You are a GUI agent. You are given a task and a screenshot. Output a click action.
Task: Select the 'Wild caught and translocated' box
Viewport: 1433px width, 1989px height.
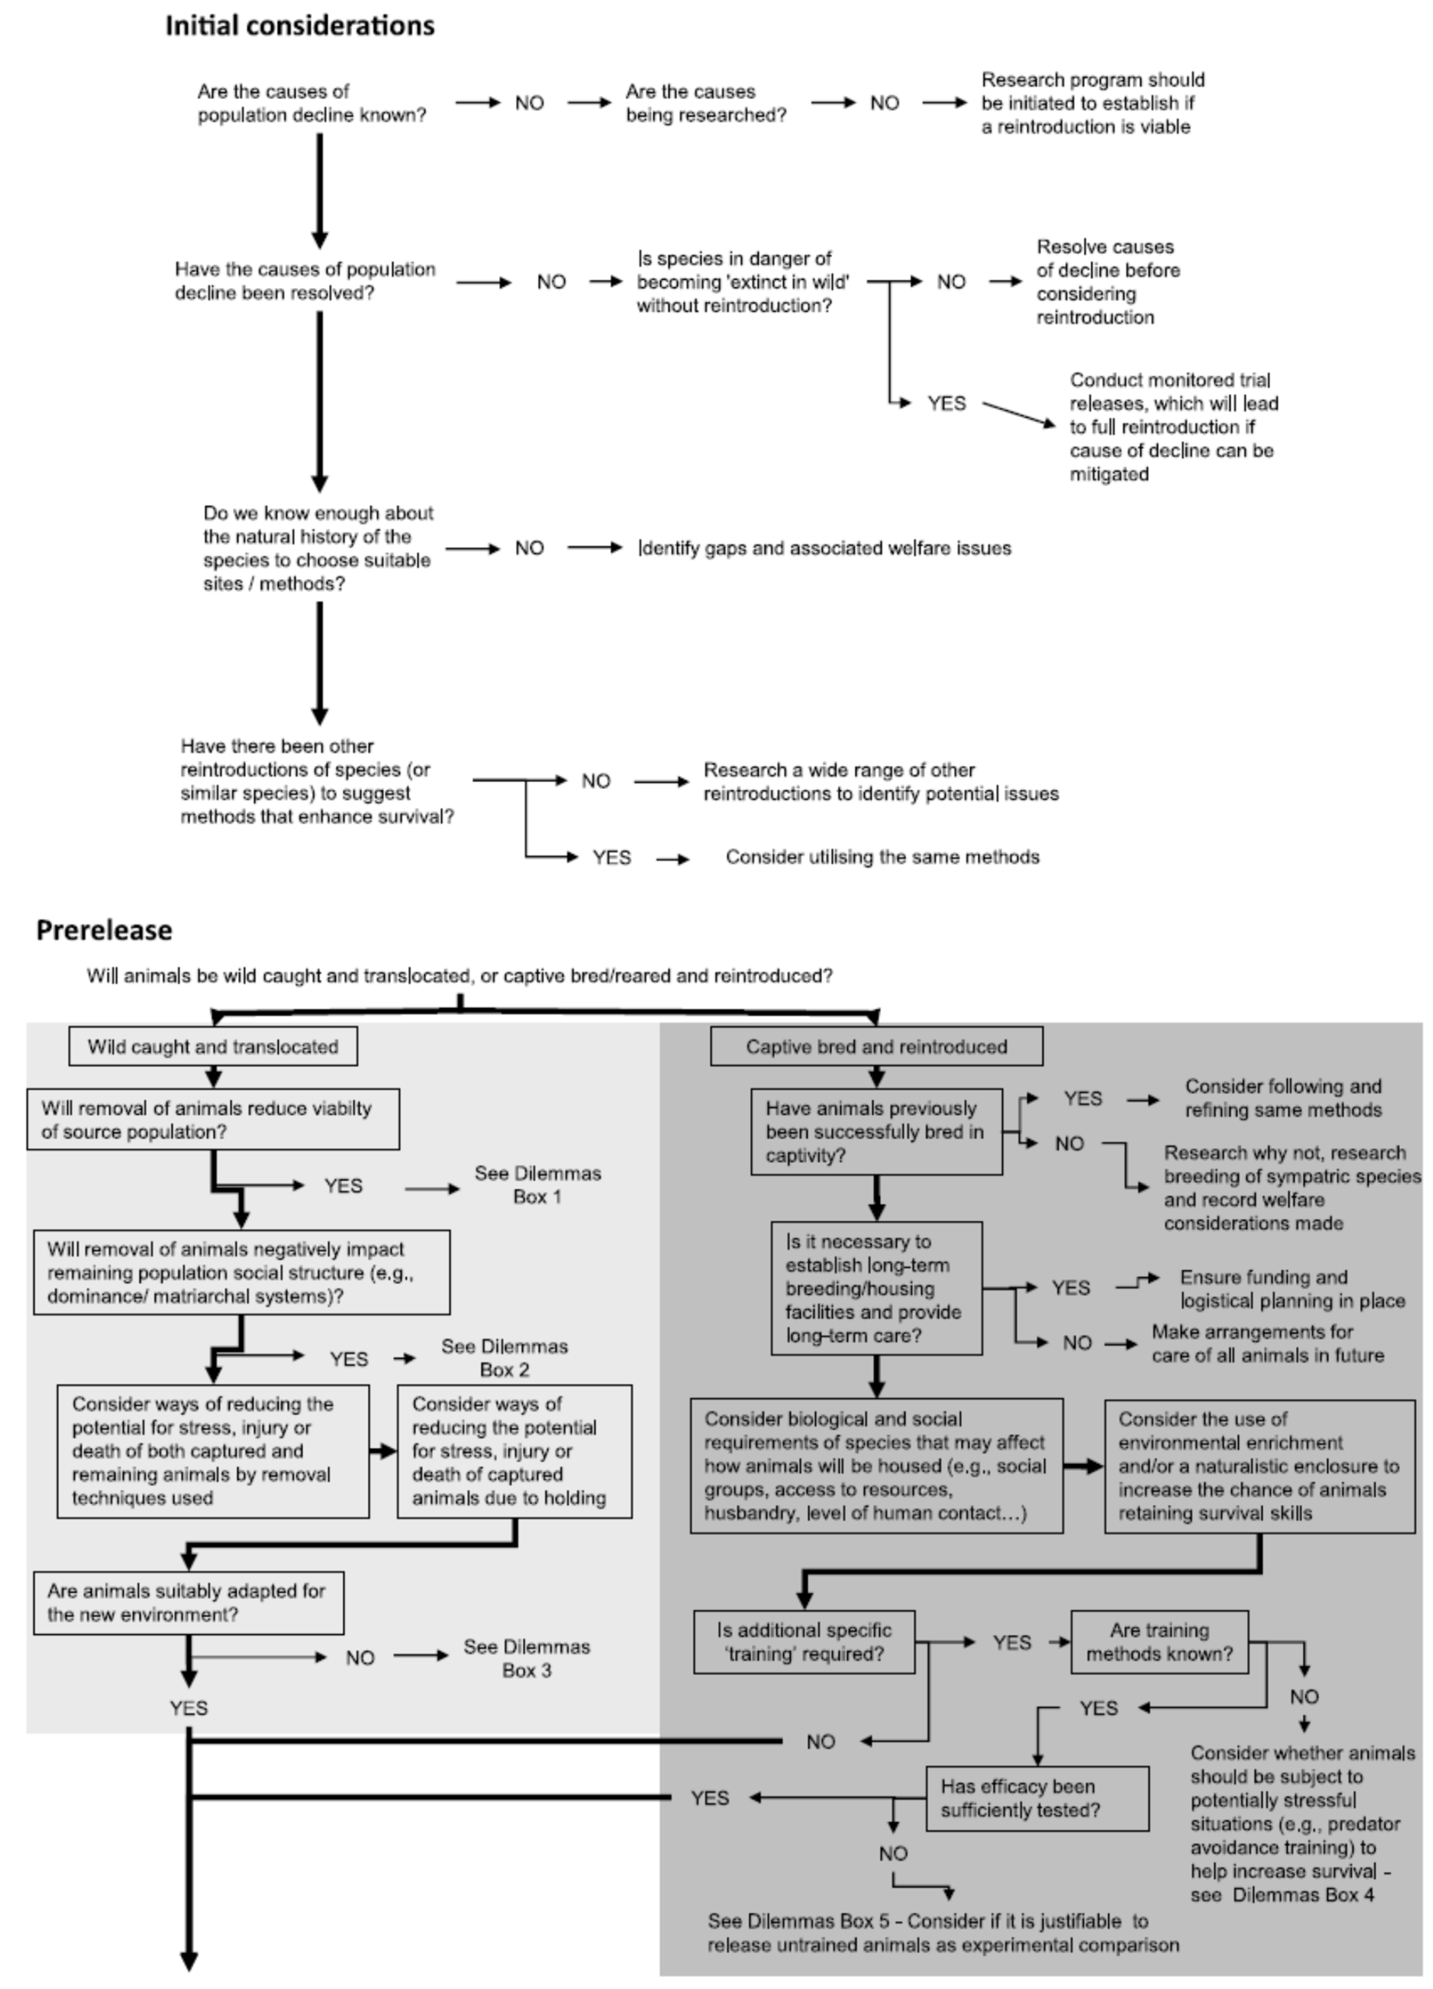pos(213,1046)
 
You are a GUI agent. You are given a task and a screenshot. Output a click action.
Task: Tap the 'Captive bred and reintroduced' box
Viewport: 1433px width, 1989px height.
pos(876,1046)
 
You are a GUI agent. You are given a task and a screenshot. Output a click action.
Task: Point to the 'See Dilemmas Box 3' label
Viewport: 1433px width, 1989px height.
pos(526,1658)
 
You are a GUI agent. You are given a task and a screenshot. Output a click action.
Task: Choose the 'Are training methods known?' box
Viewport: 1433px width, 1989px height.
pos(1159,1642)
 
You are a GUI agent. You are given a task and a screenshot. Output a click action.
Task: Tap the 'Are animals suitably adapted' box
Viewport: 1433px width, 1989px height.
pos(189,1602)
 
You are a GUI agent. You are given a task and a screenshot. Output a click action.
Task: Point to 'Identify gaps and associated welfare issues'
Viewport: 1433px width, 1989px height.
pos(824,548)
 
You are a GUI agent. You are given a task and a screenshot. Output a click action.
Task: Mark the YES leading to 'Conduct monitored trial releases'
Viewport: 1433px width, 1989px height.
pos(946,404)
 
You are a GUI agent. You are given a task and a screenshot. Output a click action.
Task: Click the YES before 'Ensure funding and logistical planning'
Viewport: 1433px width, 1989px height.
pos(1071,1287)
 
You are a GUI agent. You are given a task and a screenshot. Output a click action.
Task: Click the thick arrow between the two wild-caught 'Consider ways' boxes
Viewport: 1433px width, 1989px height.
pos(383,1452)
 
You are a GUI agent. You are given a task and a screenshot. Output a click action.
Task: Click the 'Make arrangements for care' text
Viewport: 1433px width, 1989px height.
pos(1267,1344)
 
